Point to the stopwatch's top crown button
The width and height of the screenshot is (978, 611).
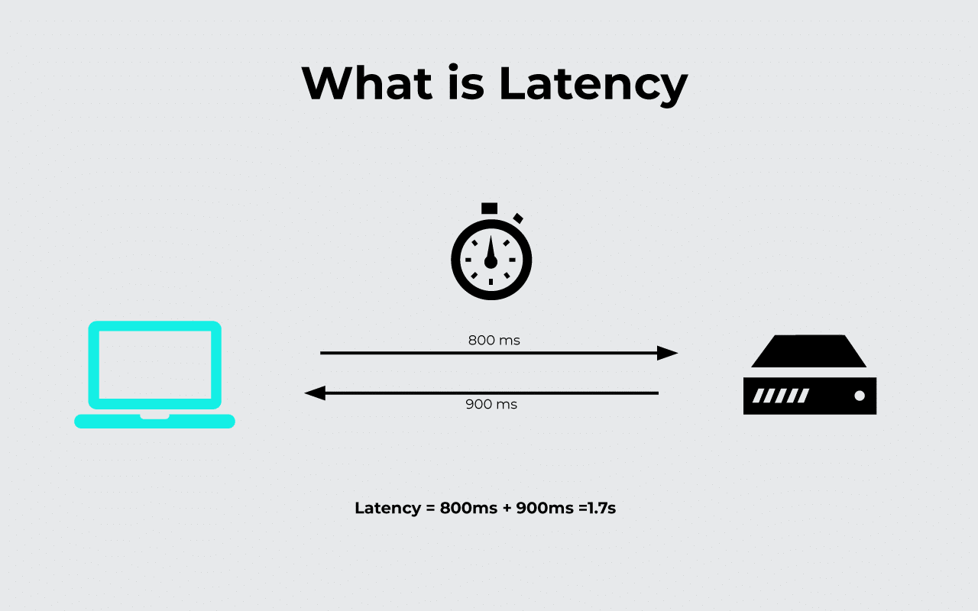click(x=489, y=208)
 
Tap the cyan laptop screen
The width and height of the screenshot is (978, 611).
click(x=154, y=364)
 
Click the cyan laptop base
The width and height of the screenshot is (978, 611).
click(x=154, y=421)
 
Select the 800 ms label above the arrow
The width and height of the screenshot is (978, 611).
click(x=494, y=340)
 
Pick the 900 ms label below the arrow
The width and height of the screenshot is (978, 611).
click(x=491, y=404)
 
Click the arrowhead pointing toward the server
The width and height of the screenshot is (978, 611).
click(x=667, y=353)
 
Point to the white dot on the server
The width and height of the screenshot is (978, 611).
click(x=860, y=396)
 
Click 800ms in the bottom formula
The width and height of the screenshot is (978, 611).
click(x=468, y=508)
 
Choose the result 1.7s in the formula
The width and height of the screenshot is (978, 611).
click(x=601, y=508)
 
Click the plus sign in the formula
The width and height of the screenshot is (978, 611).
click(x=507, y=508)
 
